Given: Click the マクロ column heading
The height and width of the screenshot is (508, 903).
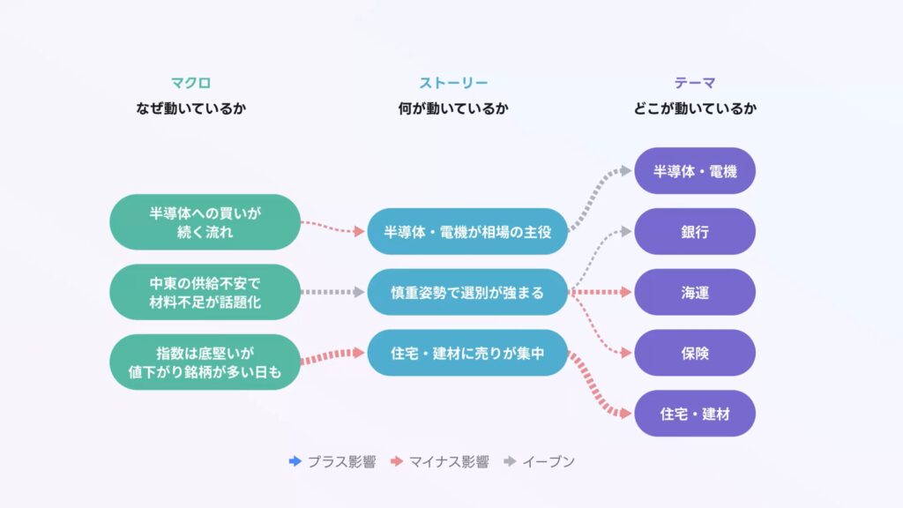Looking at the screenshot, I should (x=191, y=84).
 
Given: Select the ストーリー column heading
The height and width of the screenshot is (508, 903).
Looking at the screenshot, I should (x=453, y=84).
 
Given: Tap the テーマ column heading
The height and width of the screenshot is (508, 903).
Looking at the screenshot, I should (x=695, y=84).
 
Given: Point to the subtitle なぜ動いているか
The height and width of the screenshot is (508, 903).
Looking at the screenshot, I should (x=191, y=109).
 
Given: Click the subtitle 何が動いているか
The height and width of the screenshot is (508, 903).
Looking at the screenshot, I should (x=453, y=109).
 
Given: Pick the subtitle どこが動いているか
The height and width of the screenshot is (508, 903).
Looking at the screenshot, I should (x=695, y=109).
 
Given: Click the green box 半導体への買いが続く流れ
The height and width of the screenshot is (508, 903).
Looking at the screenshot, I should (x=205, y=222).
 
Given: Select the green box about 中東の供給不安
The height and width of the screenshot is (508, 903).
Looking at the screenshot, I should (x=205, y=292).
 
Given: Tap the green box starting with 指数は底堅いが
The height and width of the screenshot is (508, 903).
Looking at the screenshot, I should (x=205, y=362).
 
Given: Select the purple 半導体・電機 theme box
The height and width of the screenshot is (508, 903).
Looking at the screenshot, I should (x=695, y=171).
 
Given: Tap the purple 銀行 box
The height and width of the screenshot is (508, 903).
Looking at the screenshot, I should (x=695, y=232).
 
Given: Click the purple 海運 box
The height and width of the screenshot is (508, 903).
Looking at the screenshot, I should (x=695, y=292).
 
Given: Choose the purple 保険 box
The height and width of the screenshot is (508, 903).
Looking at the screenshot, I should (x=695, y=353).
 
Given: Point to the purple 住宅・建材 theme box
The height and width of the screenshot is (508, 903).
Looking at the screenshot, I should (x=695, y=413).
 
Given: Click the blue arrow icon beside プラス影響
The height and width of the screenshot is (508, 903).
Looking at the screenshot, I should (x=295, y=461).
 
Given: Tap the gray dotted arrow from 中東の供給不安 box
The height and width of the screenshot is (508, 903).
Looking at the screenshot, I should (x=332, y=292).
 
